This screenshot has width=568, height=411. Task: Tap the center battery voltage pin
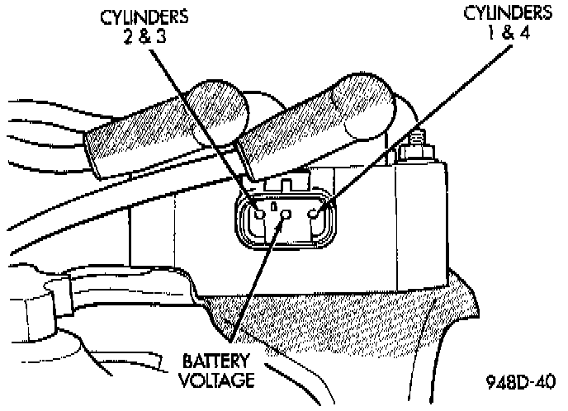[x=286, y=215]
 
